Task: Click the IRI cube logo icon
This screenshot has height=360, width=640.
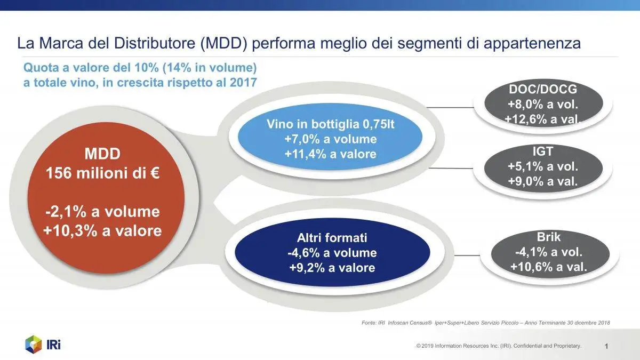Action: point(34,344)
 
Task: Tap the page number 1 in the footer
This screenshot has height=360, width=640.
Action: point(607,347)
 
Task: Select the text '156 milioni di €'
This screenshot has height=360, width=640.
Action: point(102,174)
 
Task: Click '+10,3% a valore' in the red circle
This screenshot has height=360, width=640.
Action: point(102,230)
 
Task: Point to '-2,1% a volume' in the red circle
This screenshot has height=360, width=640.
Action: point(102,211)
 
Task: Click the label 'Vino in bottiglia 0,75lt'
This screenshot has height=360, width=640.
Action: point(330,125)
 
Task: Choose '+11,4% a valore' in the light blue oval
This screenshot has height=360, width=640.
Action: point(330,154)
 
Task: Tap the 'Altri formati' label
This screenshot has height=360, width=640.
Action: point(332,238)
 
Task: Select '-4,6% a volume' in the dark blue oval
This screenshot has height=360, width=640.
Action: point(332,252)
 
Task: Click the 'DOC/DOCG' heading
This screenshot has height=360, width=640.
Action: point(543,89)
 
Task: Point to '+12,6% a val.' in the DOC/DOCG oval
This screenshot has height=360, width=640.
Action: point(543,119)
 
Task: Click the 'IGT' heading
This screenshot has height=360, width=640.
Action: point(543,151)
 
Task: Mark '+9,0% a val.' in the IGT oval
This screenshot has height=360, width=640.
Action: point(543,180)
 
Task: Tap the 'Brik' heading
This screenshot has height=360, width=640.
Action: point(548,237)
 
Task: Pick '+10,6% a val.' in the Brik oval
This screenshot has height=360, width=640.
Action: point(548,266)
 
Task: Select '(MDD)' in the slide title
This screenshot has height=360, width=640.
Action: point(224,43)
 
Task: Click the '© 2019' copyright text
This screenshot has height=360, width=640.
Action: point(425,347)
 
